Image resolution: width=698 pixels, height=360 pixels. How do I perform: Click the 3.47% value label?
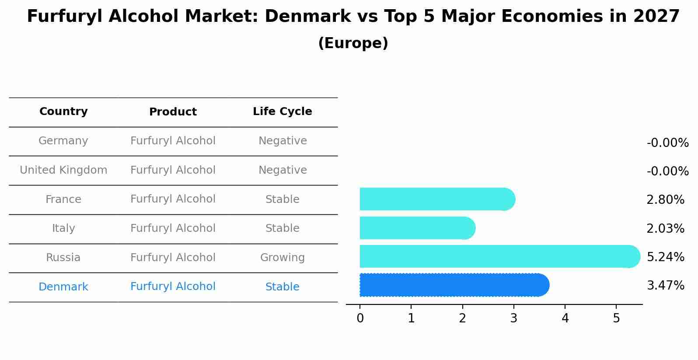click(x=665, y=286)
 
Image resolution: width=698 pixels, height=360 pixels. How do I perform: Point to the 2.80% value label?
click(x=665, y=200)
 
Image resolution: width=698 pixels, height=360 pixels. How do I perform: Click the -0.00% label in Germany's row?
click(x=667, y=143)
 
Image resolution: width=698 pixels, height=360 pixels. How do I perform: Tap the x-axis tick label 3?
click(x=513, y=318)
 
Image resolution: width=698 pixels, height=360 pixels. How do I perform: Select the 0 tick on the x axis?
click(x=360, y=318)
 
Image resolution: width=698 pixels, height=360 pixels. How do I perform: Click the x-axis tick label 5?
click(x=616, y=318)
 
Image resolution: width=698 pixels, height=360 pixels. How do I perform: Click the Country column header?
click(x=63, y=112)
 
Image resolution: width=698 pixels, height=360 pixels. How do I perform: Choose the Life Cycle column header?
click(x=282, y=112)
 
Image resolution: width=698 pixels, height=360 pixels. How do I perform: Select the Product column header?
click(x=173, y=112)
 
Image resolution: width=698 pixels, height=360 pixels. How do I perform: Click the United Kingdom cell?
click(x=63, y=170)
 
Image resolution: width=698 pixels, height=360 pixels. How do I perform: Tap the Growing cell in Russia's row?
click(x=282, y=258)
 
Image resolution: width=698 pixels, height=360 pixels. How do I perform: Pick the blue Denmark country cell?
click(x=63, y=287)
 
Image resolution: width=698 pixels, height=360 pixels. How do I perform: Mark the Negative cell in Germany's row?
click(x=282, y=141)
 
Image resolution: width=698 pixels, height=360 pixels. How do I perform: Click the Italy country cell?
click(x=63, y=228)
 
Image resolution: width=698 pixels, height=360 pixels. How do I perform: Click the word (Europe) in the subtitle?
click(x=353, y=43)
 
